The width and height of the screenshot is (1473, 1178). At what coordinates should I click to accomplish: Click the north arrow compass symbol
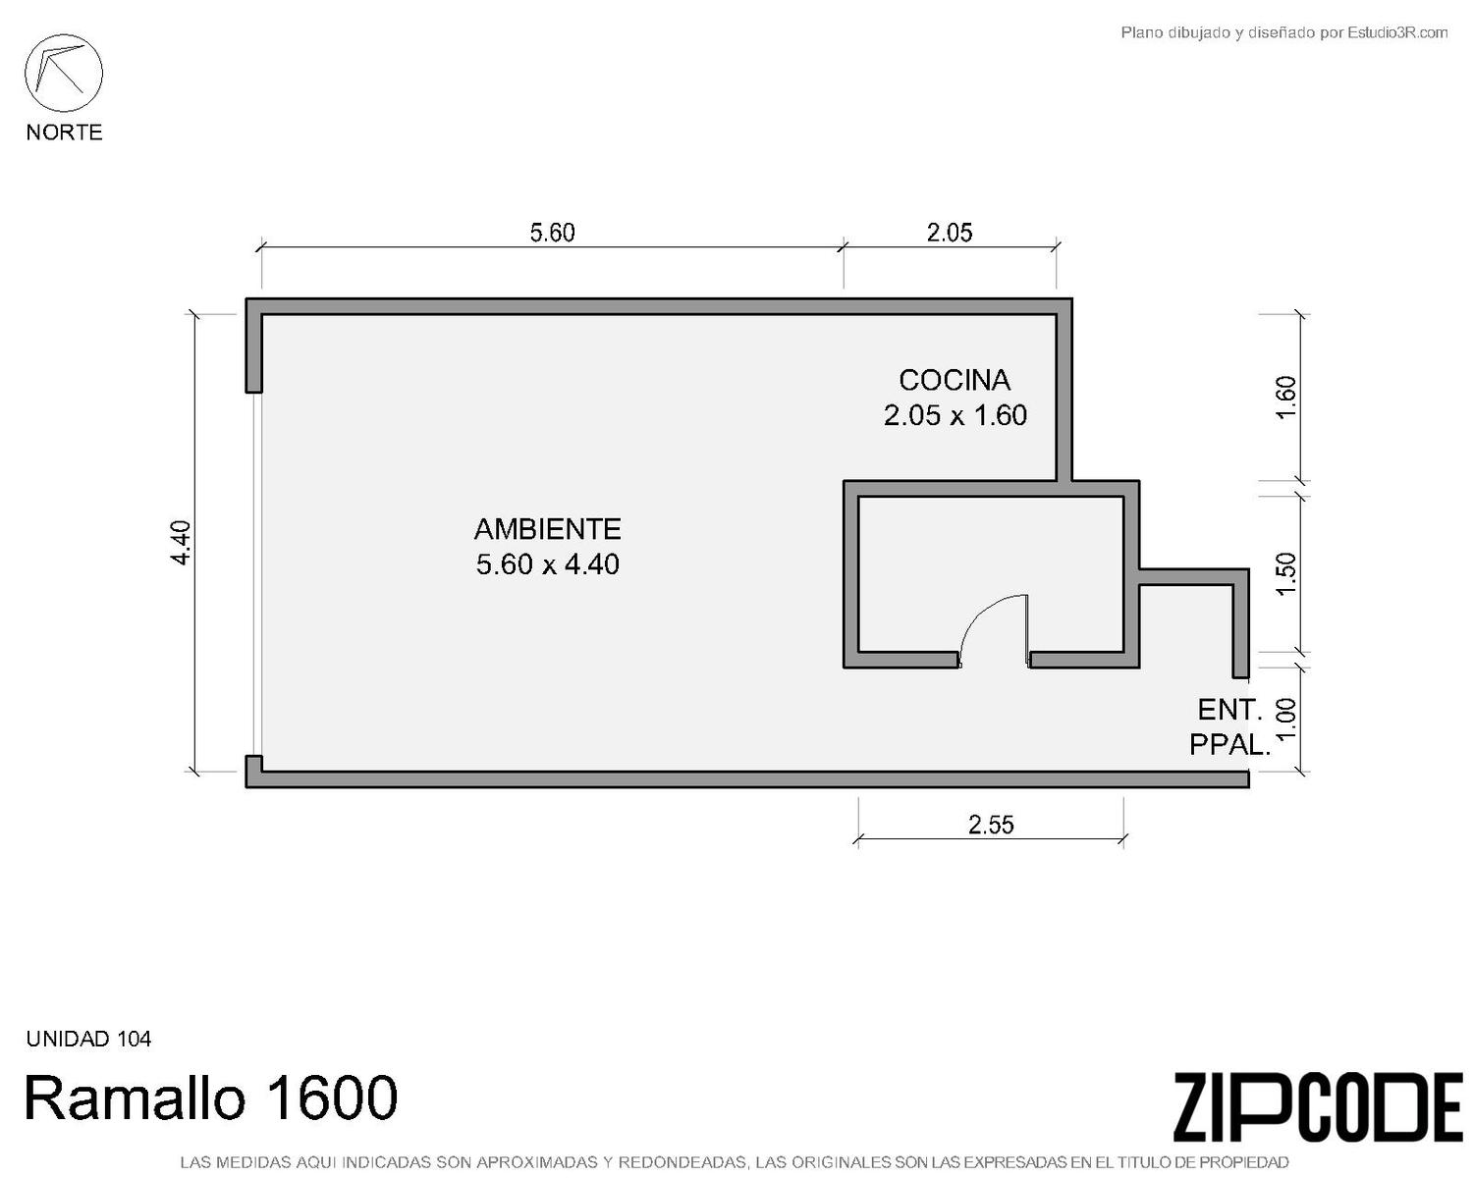coord(64,74)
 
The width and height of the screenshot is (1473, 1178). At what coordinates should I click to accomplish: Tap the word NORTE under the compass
coord(65,133)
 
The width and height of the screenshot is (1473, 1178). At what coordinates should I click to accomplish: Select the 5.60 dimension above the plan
coord(552,233)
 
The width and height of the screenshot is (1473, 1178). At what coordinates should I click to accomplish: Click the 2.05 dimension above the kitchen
coord(950,233)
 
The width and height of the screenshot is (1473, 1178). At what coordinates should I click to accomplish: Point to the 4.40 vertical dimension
coord(181,543)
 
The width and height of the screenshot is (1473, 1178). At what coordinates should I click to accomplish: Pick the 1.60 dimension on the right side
coord(1286,398)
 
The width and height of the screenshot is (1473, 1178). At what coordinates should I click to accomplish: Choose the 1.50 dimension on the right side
coord(1286,573)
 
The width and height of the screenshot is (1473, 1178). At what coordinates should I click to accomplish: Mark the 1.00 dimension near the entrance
coord(1286,719)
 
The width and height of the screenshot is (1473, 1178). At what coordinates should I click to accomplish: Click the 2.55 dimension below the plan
coord(991,825)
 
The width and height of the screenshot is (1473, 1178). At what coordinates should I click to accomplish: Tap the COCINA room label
coord(955,381)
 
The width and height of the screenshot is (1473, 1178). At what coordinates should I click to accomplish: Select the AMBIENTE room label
coord(548,529)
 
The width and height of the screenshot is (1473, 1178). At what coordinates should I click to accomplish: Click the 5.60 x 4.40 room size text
coord(548,564)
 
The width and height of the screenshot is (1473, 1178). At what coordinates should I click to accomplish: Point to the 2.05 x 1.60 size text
coord(955,415)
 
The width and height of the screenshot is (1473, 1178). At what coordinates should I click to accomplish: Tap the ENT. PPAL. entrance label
coord(1230,726)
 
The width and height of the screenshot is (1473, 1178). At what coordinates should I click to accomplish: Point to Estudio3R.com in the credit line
coord(1397,32)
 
